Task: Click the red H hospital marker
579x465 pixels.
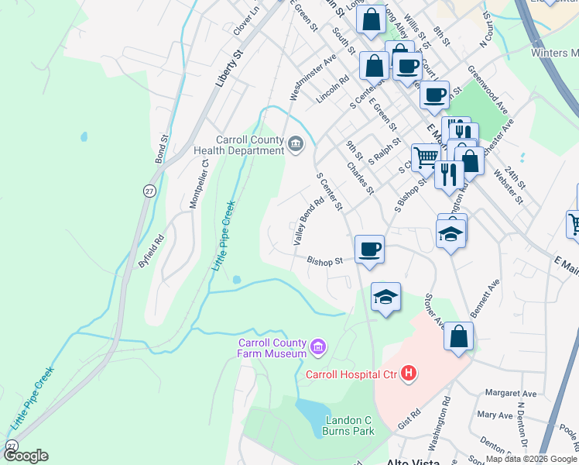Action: pos(409,374)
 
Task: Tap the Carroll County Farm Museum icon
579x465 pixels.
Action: pos(317,347)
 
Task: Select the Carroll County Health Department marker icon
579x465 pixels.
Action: pos(296,143)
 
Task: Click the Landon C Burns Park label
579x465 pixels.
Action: pos(340,425)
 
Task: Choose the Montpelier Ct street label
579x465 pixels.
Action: pos(200,183)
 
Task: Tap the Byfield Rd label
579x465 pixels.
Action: pos(151,250)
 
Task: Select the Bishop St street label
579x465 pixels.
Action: pos(324,261)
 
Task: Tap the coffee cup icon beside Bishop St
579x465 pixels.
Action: pos(369,250)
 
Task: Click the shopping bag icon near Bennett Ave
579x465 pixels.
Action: pos(458,337)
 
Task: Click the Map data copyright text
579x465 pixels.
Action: pos(532,460)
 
